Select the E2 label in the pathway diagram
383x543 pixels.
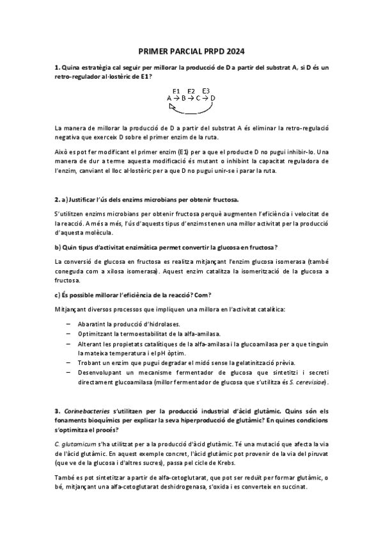(x=191, y=91)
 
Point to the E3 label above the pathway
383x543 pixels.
(x=206, y=91)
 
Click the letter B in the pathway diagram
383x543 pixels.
(x=184, y=99)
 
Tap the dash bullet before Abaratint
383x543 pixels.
(x=68, y=325)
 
